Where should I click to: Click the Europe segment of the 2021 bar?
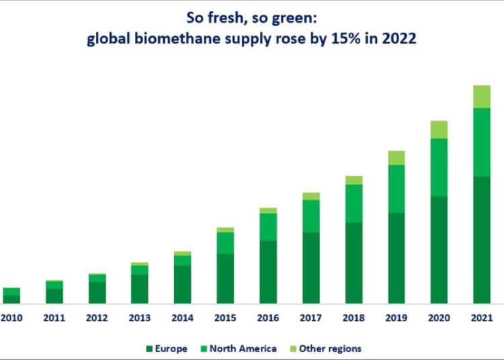pyautogui.click(x=481, y=240)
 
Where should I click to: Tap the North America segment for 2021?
pyautogui.click(x=481, y=142)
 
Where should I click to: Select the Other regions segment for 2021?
pyautogui.click(x=481, y=97)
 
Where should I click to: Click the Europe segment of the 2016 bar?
pyautogui.click(x=268, y=272)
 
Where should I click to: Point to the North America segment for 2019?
pyautogui.click(x=396, y=189)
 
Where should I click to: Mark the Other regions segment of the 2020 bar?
pyautogui.click(x=439, y=130)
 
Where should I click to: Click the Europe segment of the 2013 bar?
pyautogui.click(x=140, y=289)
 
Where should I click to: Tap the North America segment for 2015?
pyautogui.click(x=225, y=242)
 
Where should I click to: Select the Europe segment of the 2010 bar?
pyautogui.click(x=11, y=300)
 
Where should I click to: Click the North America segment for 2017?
pyautogui.click(x=311, y=216)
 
